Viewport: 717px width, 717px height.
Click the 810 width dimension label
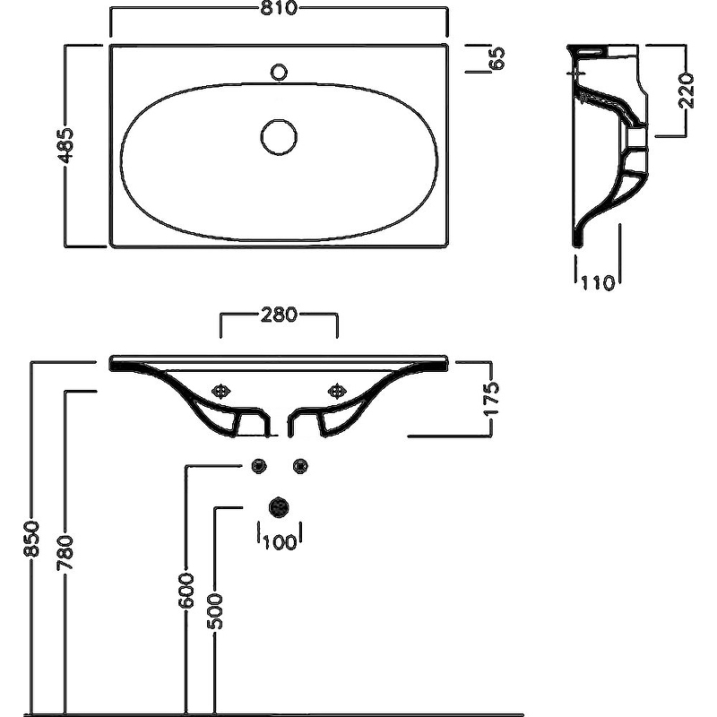(280, 11)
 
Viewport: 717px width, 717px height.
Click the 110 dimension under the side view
(597, 283)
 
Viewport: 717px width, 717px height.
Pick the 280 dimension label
(280, 315)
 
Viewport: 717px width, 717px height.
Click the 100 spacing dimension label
(280, 541)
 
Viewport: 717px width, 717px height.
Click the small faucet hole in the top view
(280, 71)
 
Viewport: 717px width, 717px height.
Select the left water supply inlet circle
(260, 464)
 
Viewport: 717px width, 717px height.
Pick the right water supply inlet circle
(300, 464)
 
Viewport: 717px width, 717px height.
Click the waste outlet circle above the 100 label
(280, 506)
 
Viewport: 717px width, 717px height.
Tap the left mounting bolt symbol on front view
(221, 391)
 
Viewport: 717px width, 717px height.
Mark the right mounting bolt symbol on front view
(338, 391)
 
